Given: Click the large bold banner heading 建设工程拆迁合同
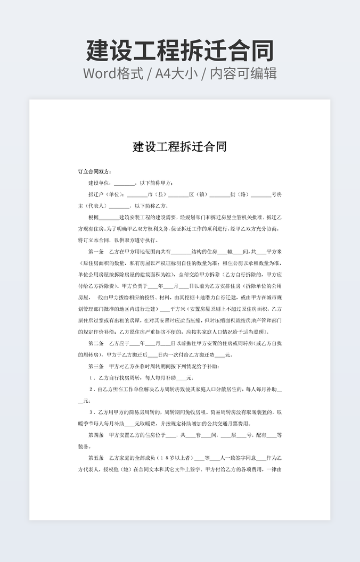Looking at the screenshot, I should pos(180,50).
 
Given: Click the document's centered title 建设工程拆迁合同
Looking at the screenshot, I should pos(179,146).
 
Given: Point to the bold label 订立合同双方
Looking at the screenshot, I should pos(95,171).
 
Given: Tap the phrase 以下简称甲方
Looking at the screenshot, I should pos(157,183).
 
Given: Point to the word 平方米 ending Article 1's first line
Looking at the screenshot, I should pos(273,251).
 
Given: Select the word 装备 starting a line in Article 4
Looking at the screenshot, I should pos(84,446).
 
